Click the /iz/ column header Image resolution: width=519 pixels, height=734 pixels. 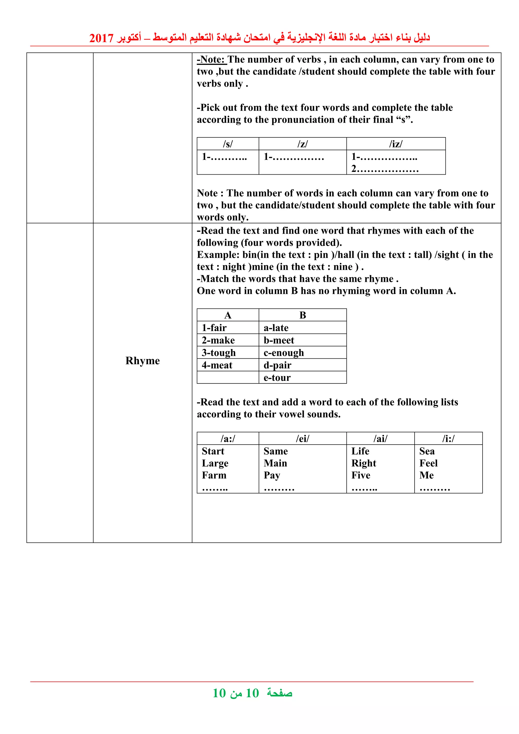396,144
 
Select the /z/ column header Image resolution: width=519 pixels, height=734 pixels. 302,144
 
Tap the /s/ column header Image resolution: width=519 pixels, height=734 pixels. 228,144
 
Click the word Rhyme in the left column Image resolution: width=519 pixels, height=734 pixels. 142,361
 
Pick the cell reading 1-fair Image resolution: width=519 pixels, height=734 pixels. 214,328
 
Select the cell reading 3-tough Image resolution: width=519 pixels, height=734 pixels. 219,353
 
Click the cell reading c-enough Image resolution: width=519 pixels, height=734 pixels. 284,353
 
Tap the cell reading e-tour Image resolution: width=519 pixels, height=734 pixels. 277,378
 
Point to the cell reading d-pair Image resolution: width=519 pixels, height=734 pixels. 277,365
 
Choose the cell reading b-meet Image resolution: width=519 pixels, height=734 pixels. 279,340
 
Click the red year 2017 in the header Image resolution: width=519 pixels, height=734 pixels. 101,38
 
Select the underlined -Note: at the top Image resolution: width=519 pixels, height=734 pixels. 212,60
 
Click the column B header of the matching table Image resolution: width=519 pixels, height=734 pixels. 302,315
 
